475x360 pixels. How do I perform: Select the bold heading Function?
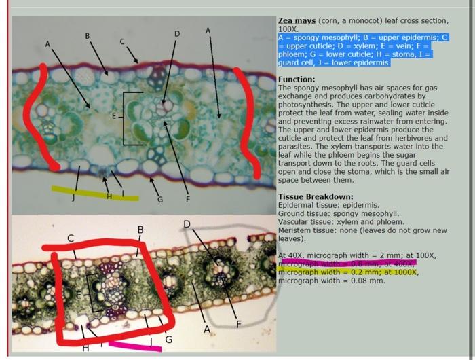click(297, 79)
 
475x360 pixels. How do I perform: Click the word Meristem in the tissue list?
click(294, 230)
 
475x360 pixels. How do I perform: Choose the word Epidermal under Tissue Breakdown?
click(296, 204)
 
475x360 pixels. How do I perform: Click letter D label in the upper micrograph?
click(177, 33)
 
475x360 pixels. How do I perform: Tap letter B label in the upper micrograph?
click(87, 35)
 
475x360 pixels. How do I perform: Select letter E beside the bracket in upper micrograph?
click(114, 116)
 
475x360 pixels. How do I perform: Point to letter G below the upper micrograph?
click(160, 199)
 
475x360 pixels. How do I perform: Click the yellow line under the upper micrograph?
click(95, 194)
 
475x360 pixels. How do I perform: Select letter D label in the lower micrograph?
click(187, 223)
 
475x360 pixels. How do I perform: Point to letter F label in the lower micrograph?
click(238, 323)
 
